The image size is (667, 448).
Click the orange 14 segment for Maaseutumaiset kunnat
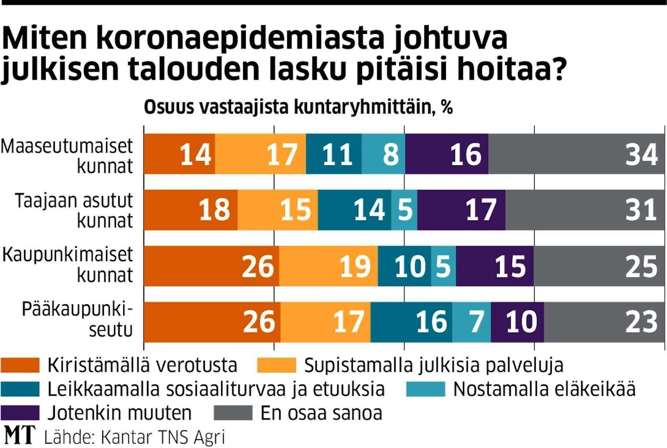click(x=180, y=155)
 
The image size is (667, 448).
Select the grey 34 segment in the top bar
click(x=577, y=155)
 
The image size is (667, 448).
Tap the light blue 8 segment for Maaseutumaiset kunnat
click(x=383, y=155)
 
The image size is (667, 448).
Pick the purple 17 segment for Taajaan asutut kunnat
click(x=461, y=210)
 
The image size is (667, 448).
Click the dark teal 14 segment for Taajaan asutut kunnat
click(x=354, y=210)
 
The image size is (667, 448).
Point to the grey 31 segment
click(x=585, y=210)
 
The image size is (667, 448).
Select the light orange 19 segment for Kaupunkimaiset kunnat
click(x=328, y=267)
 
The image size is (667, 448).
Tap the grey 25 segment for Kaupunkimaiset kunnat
click(x=599, y=267)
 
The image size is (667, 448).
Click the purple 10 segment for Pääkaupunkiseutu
click(x=517, y=322)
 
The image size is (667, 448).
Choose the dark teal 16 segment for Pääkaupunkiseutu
click(x=411, y=322)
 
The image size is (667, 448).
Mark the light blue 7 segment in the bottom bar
click(x=471, y=322)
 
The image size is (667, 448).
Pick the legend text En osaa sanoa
click(x=321, y=413)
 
